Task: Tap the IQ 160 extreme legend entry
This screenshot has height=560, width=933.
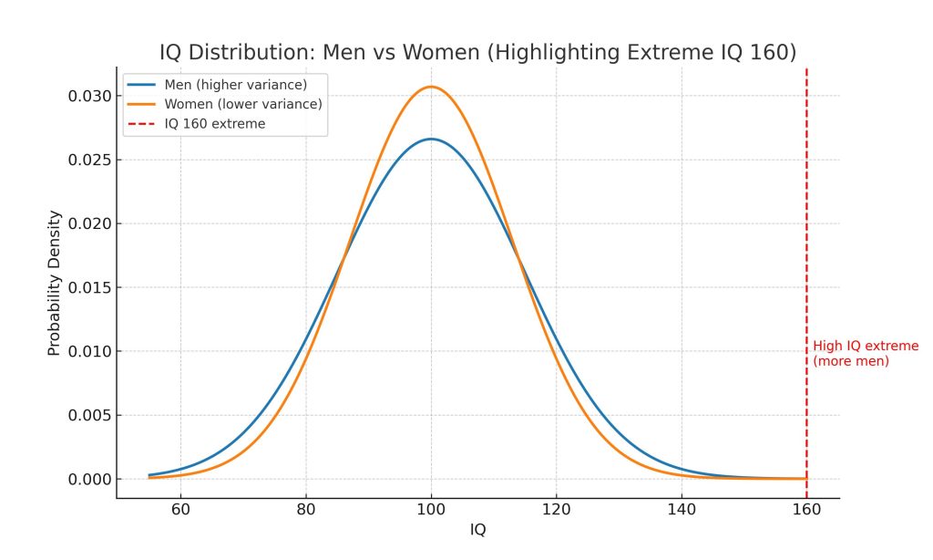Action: click(215, 123)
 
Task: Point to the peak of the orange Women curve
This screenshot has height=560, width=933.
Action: click(431, 87)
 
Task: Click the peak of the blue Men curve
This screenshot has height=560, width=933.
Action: click(431, 139)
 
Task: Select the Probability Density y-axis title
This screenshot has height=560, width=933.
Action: click(54, 283)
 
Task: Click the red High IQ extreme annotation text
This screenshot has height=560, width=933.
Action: click(866, 354)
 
